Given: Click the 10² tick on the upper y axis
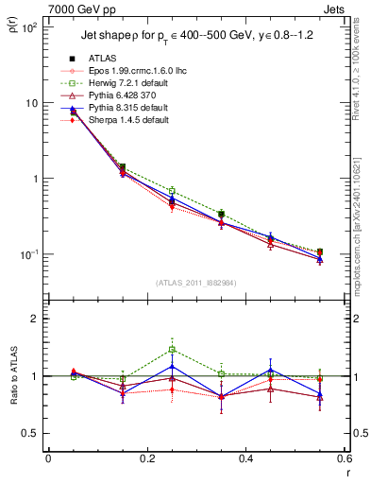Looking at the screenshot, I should [x=31, y=27].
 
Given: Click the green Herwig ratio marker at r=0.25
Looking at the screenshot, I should [x=172, y=349].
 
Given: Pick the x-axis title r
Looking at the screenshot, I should [x=346, y=473].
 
